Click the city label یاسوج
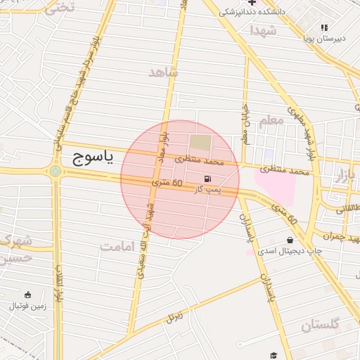coord(92,160)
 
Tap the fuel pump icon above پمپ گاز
coord(207,179)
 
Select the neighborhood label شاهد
coord(164,72)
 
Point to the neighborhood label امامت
coord(117,246)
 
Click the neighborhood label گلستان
coord(320,325)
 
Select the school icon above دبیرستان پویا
coord(324,27)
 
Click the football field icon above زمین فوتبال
coord(27,295)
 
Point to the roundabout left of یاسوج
coord(56,171)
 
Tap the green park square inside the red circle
coord(200,143)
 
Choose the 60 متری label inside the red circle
coord(167,184)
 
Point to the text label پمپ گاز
coord(207,191)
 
